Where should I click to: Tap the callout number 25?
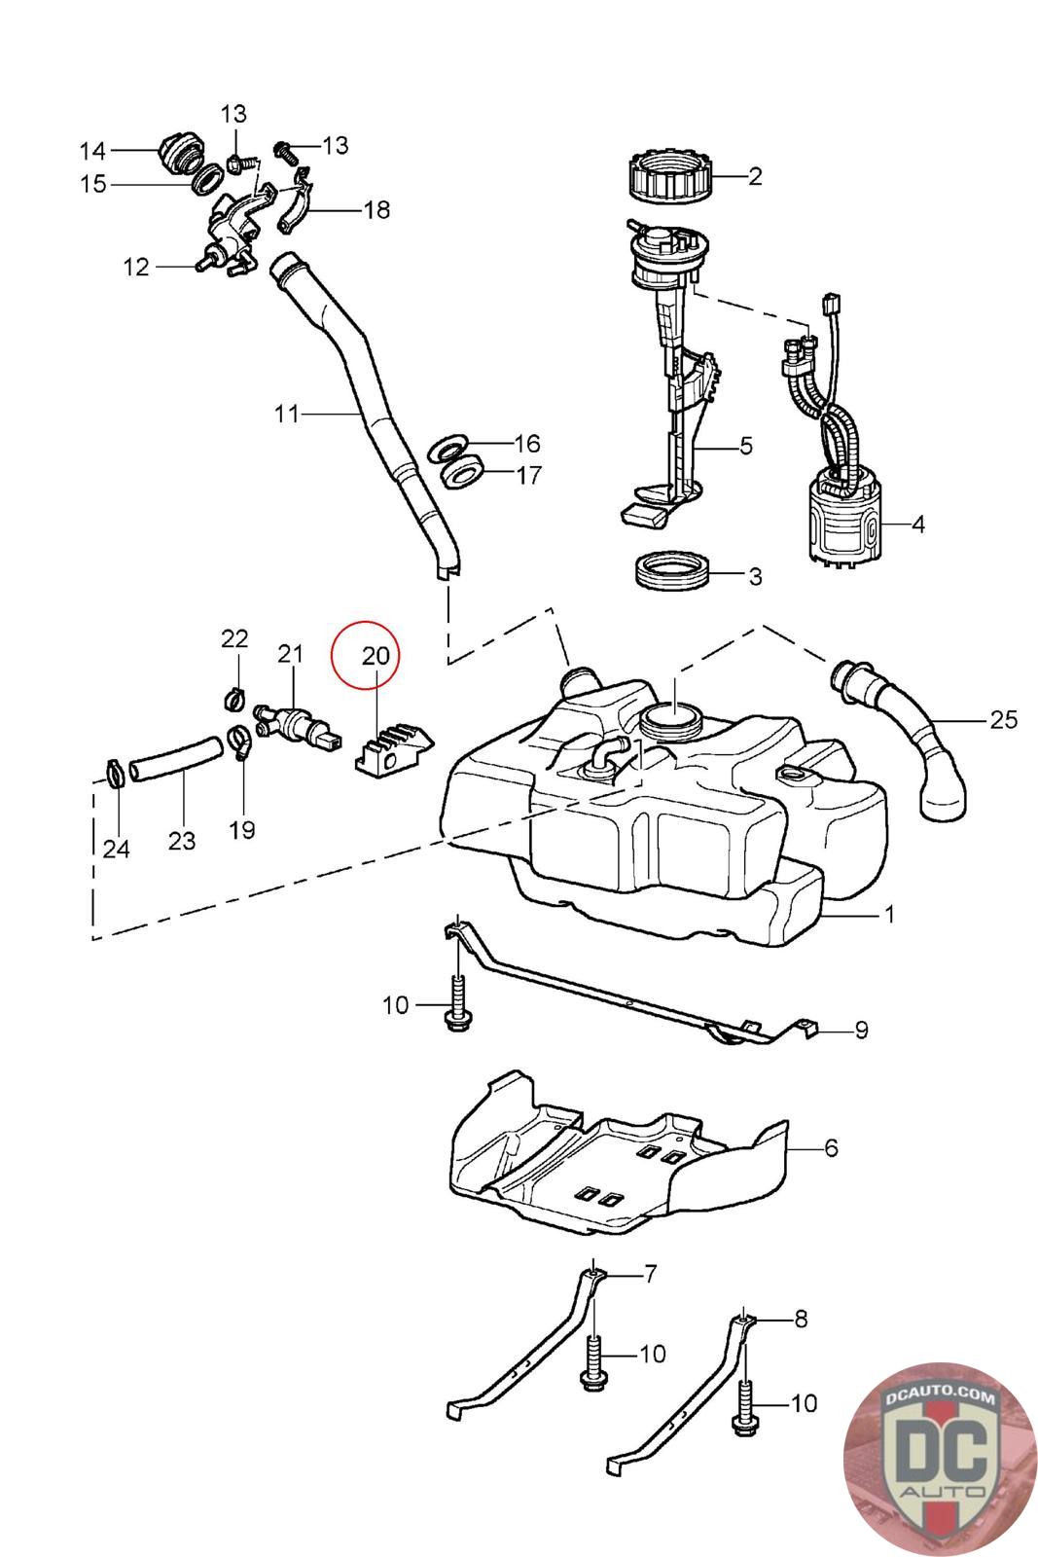pos(1003,720)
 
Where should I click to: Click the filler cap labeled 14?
pos(181,153)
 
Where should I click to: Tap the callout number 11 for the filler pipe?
pos(286,415)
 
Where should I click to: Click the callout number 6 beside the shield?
pos(830,1148)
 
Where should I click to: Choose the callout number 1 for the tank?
pos(888,915)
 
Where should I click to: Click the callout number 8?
pos(800,1320)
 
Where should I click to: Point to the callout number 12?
pos(136,266)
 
